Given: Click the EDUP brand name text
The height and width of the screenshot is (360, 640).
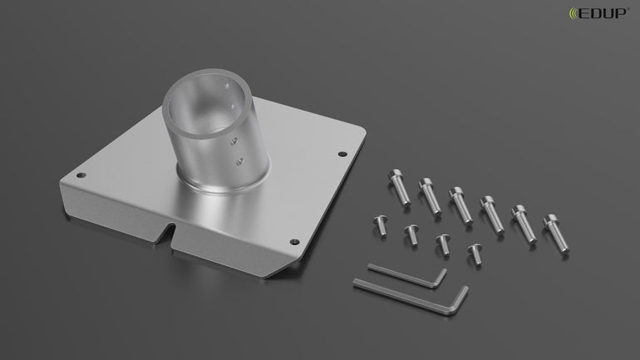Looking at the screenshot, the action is (x=603, y=13).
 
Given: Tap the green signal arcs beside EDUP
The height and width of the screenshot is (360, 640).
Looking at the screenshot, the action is (x=574, y=13).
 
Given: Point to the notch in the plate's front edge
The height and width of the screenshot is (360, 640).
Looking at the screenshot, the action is (x=169, y=234).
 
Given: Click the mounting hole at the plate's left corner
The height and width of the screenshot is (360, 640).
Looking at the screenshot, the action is (x=81, y=175).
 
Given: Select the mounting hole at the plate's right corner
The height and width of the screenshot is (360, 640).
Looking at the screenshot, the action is (x=342, y=154).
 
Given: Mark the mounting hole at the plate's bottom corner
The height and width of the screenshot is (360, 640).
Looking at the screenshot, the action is (x=294, y=242).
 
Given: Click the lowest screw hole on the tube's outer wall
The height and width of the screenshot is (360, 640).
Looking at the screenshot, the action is (x=240, y=162).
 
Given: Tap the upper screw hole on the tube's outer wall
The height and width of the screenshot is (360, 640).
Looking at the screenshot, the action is (x=234, y=141).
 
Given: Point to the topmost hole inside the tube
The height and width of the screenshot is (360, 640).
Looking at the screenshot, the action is (x=227, y=86).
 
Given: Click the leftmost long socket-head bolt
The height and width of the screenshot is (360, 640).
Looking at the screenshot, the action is (x=399, y=187).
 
